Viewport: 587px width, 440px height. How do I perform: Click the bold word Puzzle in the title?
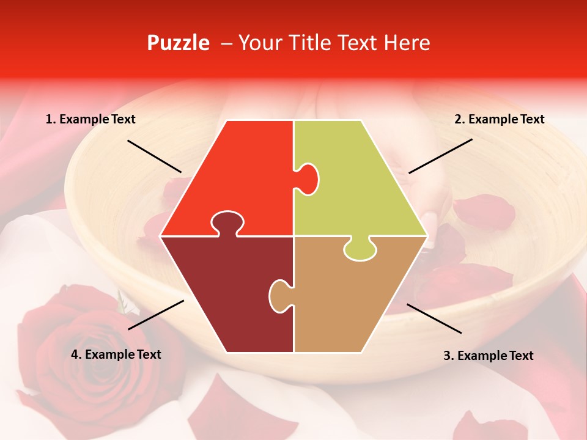[178, 43]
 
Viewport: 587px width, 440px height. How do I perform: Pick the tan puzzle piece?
[349, 299]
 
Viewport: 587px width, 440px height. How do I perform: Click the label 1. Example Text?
[90, 120]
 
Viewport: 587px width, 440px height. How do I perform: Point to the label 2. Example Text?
[499, 120]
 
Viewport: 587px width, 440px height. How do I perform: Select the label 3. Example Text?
[488, 356]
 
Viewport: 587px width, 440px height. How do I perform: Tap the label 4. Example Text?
[116, 354]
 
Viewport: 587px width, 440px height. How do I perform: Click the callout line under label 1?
[154, 156]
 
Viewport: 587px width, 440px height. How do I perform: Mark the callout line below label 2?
[440, 156]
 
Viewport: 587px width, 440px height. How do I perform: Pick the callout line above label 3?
[434, 318]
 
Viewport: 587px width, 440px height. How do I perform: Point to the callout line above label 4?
[156, 315]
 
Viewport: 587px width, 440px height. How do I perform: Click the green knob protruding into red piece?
[308, 178]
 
